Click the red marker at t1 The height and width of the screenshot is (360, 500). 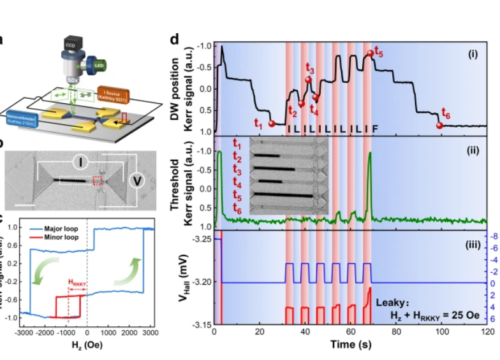tap(272, 124)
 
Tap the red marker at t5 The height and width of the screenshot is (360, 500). tap(370, 54)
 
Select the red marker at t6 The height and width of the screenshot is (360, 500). tap(439, 125)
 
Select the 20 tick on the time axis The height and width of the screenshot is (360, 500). tap(260, 332)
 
